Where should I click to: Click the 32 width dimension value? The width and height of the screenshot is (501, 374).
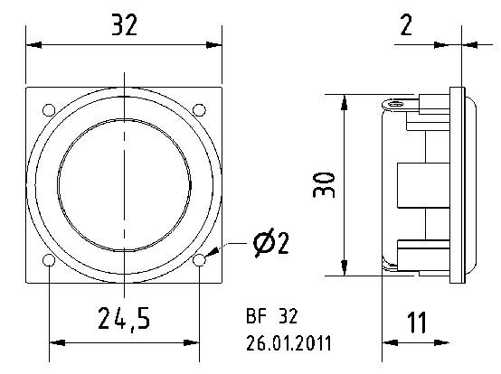124,25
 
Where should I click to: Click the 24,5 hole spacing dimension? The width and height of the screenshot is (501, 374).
124,319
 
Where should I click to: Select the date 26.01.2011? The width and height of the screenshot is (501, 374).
288,343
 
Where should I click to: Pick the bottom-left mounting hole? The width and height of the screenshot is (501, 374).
47,261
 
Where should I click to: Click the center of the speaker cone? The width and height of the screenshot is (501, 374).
124,184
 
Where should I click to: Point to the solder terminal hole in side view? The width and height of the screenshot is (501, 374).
392,103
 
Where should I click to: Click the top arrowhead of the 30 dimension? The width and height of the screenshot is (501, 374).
344,98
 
